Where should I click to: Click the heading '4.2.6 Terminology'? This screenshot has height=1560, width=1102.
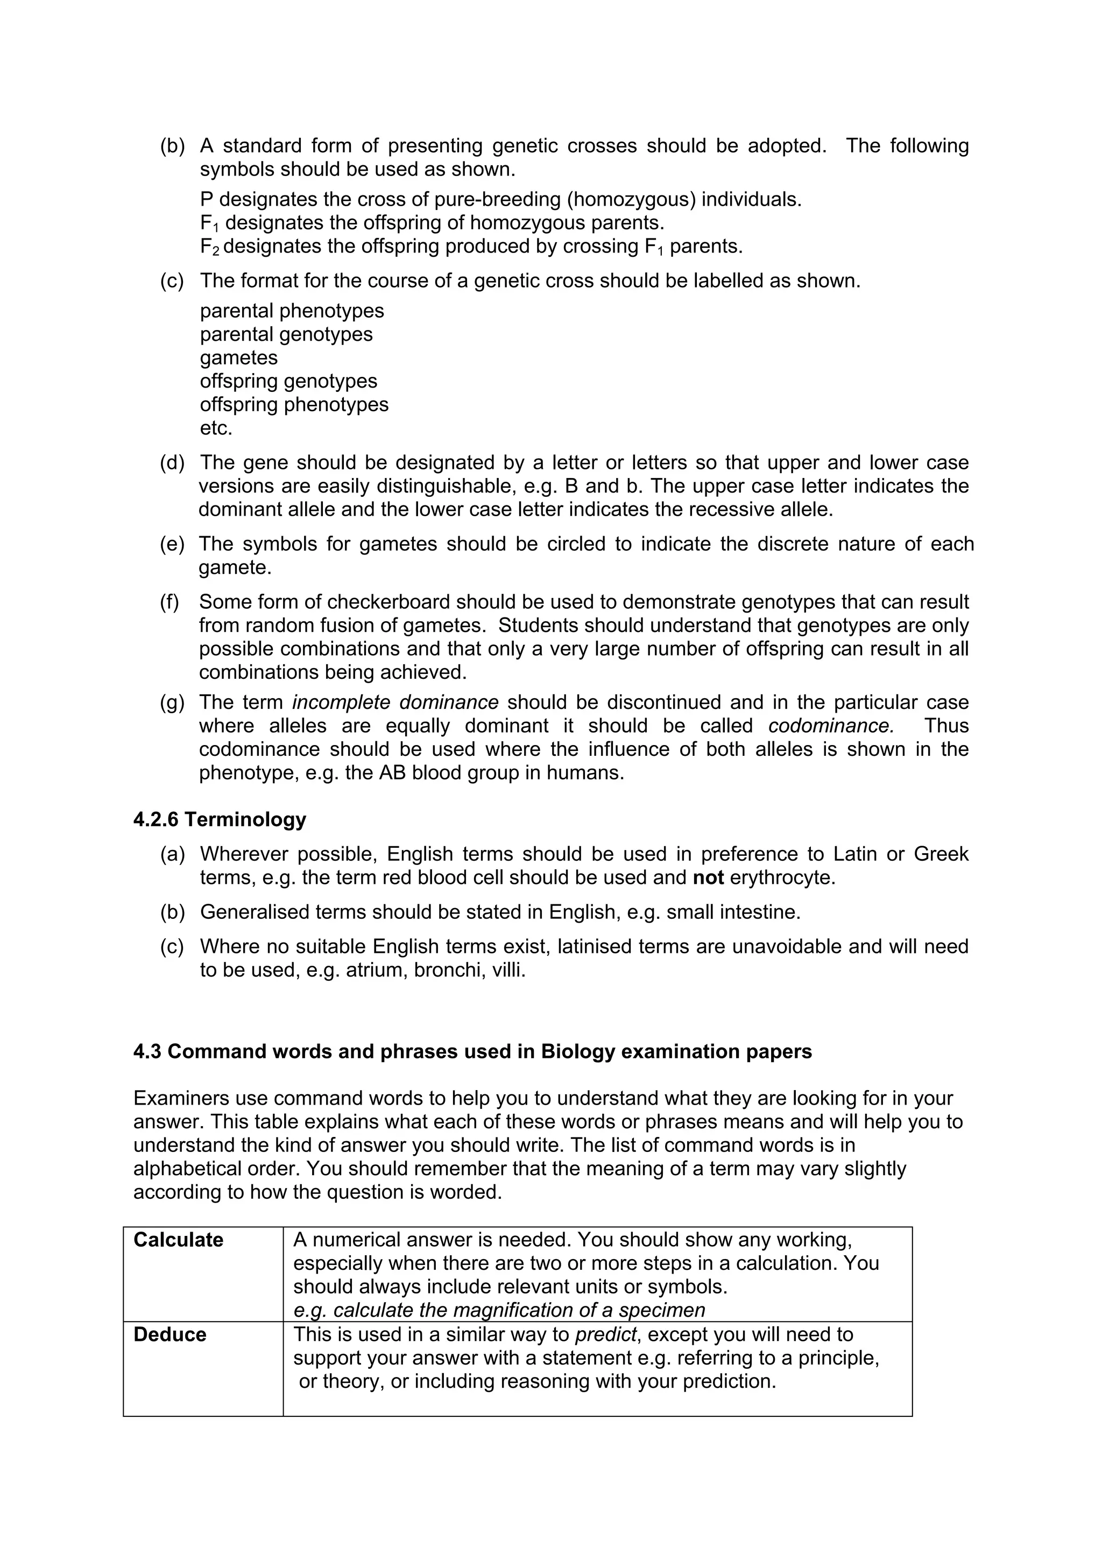(220, 819)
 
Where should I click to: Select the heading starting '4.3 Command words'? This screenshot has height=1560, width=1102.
(472, 1051)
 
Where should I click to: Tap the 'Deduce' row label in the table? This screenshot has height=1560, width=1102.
(169, 1334)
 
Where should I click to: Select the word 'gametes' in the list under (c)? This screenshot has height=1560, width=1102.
(238, 357)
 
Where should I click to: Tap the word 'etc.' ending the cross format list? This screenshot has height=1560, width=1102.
(216, 428)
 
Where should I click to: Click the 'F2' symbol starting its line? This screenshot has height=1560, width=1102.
(210, 247)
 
